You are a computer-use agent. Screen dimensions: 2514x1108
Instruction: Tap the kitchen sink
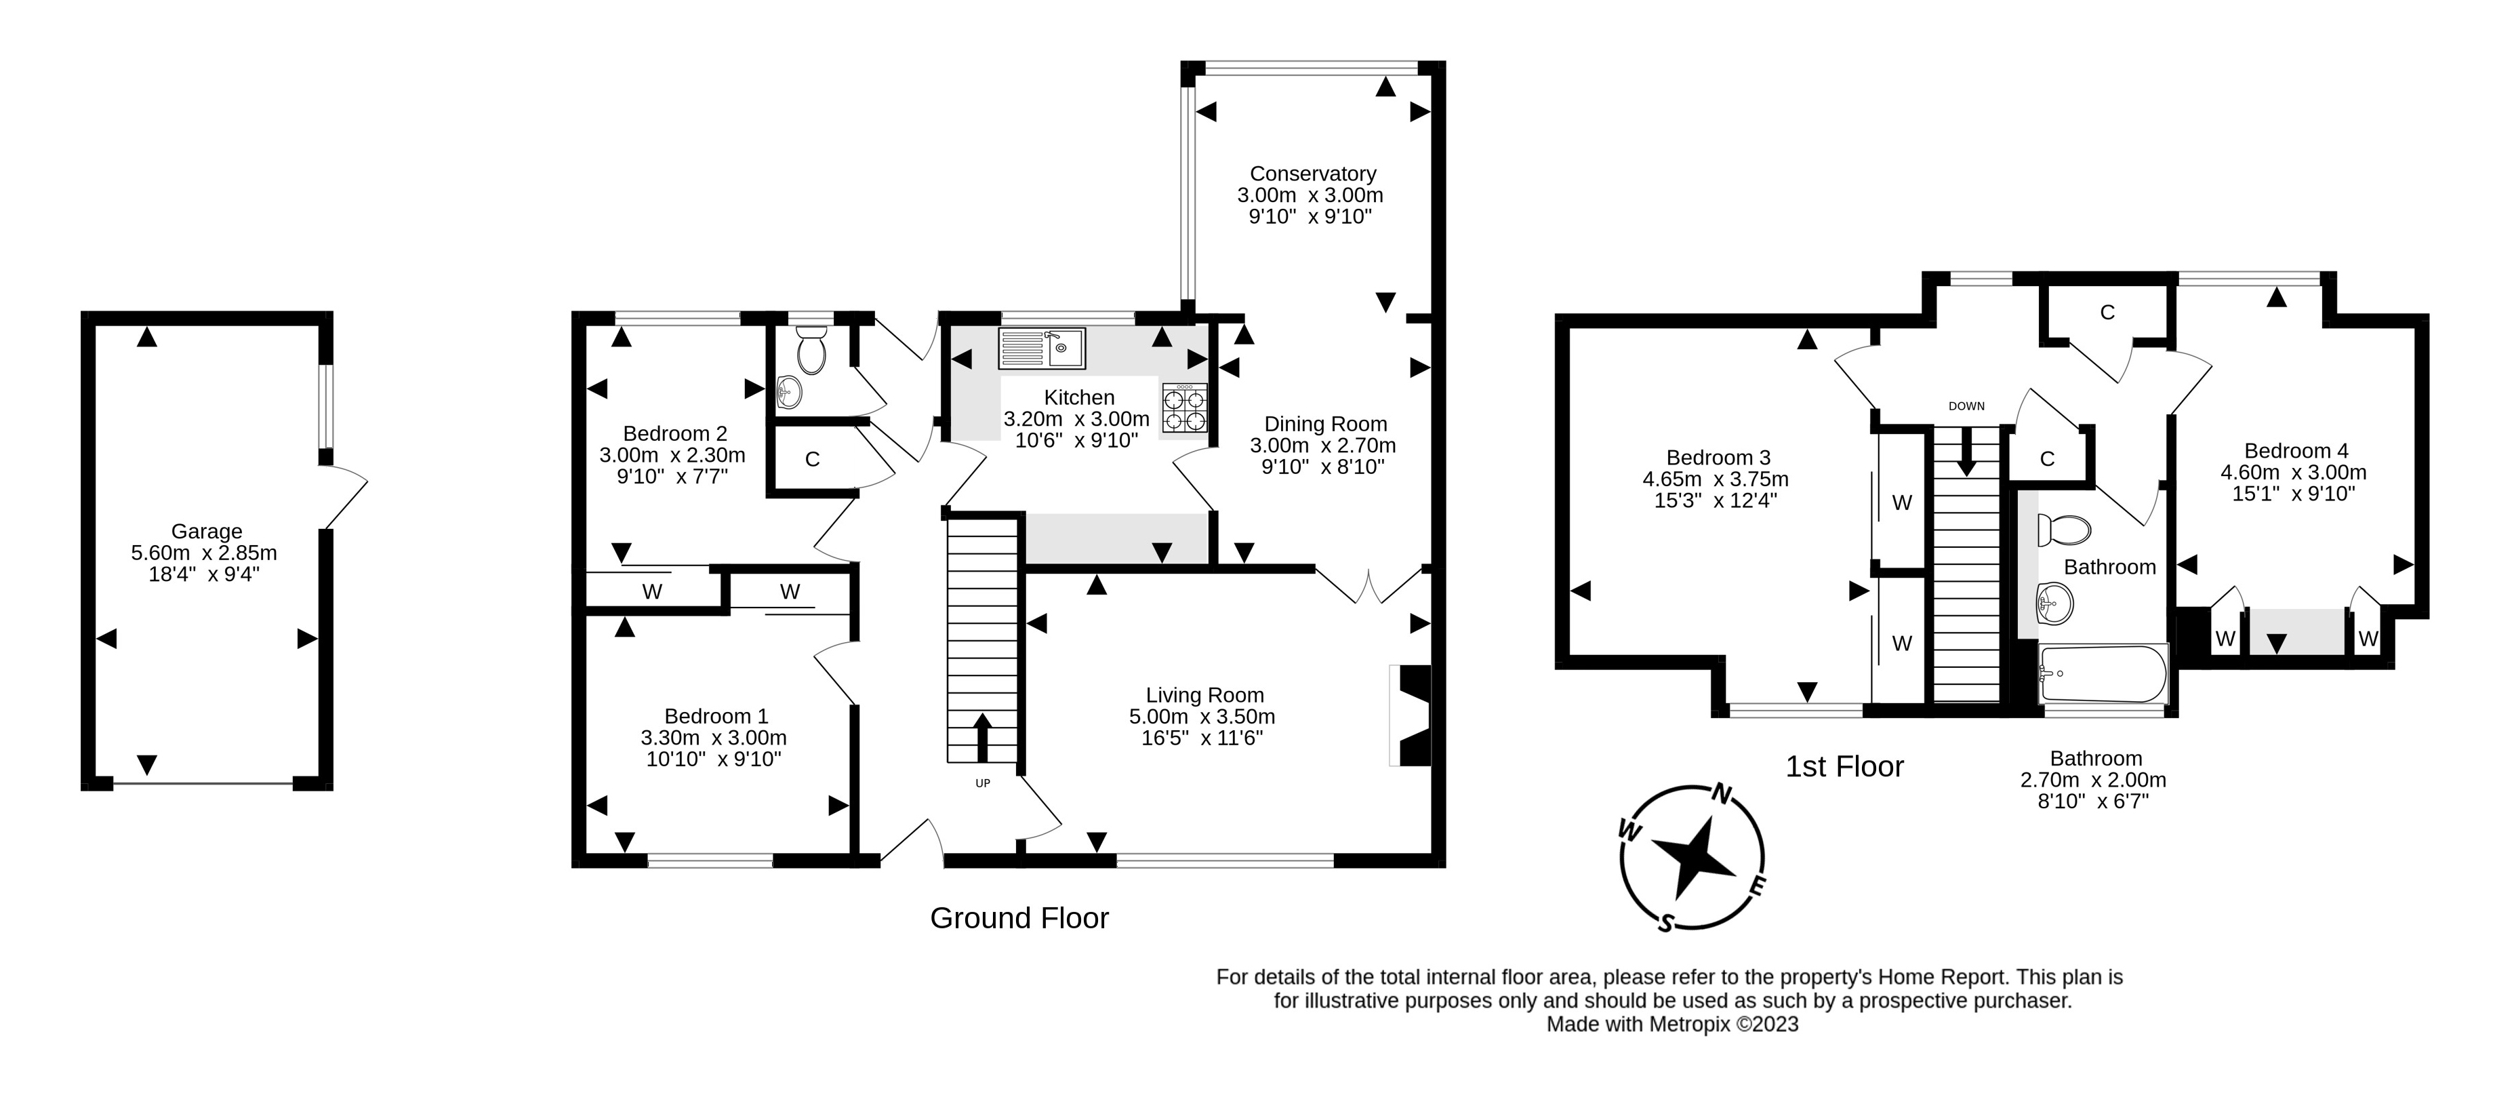pyautogui.click(x=1041, y=348)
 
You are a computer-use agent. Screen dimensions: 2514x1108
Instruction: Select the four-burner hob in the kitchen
pyautogui.click(x=1185, y=409)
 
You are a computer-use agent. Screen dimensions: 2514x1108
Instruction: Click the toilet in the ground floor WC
pyautogui.click(x=811, y=351)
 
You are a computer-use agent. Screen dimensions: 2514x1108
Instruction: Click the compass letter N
pyautogui.click(x=1722, y=793)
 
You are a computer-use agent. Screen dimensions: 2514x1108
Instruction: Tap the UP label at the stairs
pyautogui.click(x=983, y=783)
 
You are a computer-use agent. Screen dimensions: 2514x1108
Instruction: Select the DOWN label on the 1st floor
pyautogui.click(x=1966, y=406)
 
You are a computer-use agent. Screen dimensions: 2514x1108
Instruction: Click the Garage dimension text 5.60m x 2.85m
pyautogui.click(x=204, y=553)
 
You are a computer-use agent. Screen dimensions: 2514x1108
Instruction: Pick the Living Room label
pyautogui.click(x=1204, y=695)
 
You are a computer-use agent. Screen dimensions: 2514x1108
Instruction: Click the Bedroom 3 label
pyautogui.click(x=1718, y=458)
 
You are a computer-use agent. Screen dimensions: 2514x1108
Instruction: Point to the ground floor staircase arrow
pyautogui.click(x=981, y=737)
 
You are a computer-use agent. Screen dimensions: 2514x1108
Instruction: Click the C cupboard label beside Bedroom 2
pyautogui.click(x=812, y=459)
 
